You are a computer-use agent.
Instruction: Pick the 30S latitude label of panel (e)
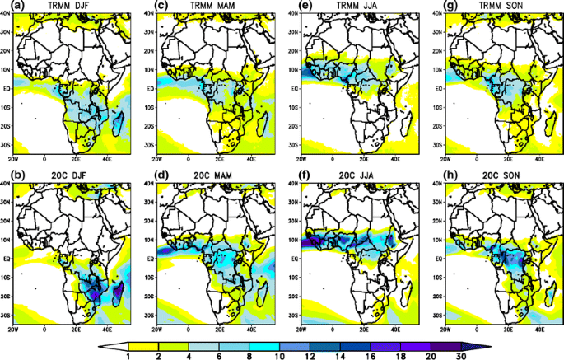click(x=293, y=143)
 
